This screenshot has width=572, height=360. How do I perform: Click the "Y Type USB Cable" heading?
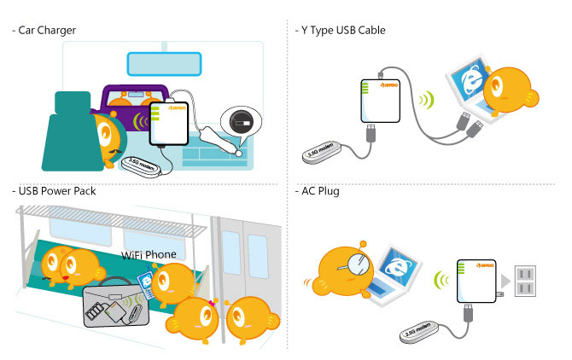point(339,31)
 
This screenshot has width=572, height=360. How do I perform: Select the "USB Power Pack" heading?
point(55,191)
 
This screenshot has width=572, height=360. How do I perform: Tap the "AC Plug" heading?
point(320,191)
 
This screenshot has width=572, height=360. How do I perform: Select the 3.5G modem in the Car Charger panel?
point(142,163)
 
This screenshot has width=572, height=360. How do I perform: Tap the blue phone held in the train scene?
point(146,283)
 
